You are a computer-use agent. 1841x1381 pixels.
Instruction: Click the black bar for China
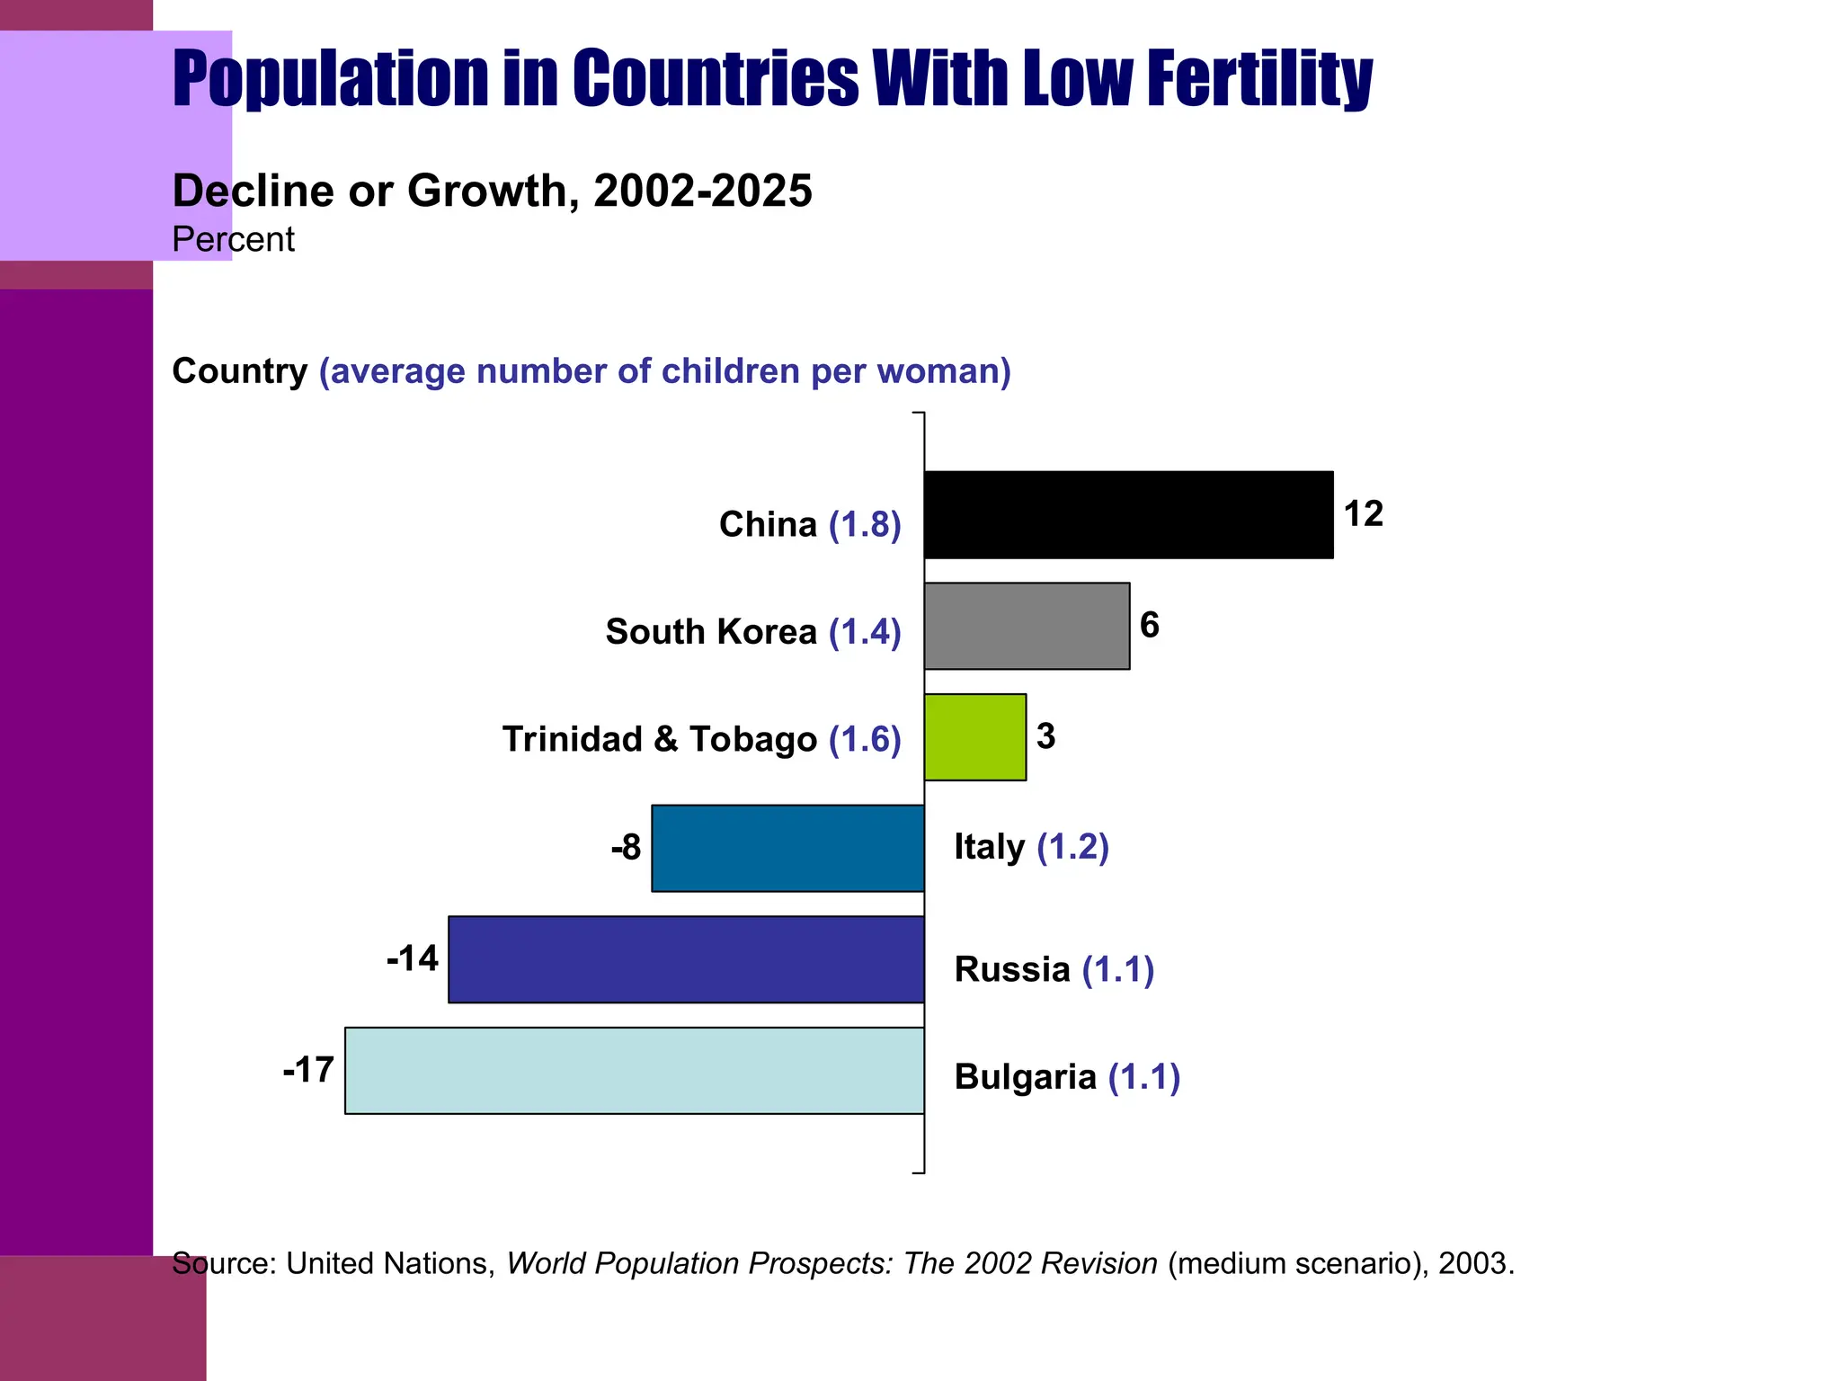(1128, 514)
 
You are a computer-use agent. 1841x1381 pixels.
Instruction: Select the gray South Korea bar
(1027, 626)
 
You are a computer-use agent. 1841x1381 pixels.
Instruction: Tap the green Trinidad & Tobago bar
(975, 736)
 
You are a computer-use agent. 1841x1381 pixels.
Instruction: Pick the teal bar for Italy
(787, 848)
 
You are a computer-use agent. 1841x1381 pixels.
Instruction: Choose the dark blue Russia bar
(686, 959)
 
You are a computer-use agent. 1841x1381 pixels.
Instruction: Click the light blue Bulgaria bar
(635, 1070)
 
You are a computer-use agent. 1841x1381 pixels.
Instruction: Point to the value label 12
(1363, 514)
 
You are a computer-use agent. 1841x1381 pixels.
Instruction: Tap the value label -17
(308, 1070)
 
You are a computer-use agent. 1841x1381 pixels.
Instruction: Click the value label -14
(413, 958)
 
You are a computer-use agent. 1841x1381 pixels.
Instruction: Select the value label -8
(626, 847)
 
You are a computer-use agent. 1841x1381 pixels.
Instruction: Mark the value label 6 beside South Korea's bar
(1149, 625)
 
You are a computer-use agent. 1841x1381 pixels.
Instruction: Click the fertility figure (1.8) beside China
(865, 524)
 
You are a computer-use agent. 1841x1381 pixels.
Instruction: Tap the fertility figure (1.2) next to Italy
(1072, 847)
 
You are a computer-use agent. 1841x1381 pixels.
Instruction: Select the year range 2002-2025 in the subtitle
(703, 191)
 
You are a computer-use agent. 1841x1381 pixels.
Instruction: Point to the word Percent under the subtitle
(233, 240)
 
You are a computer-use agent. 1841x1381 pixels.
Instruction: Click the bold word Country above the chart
(239, 371)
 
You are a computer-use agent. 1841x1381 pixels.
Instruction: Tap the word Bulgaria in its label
(1025, 1076)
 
